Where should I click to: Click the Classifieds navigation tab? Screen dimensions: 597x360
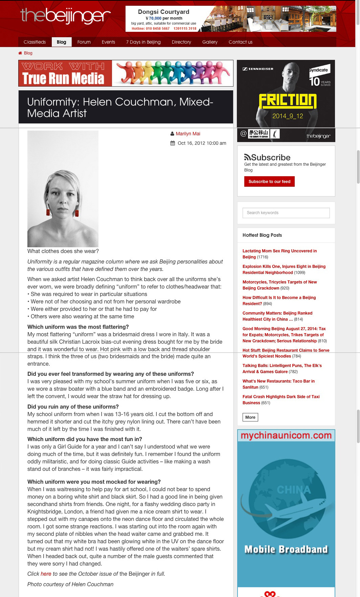point(35,42)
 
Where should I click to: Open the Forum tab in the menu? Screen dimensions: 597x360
point(84,42)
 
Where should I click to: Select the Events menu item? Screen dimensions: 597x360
point(108,42)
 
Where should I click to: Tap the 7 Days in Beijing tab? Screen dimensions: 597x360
point(143,42)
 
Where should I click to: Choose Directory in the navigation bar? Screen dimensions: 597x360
point(181,42)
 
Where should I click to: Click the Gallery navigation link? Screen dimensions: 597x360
point(210,42)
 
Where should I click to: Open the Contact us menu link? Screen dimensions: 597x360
point(240,42)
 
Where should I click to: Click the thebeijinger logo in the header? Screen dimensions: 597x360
point(65,16)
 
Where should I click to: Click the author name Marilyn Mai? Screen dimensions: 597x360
point(188,134)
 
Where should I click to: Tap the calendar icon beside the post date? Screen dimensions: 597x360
point(173,143)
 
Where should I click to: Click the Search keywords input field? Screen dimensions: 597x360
point(286,213)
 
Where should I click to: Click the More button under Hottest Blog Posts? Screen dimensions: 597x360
point(250,417)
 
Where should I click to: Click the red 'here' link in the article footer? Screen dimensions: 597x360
point(46,574)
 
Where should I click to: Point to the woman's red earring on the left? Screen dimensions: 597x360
point(48,212)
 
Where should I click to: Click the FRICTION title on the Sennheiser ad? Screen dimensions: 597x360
point(287,101)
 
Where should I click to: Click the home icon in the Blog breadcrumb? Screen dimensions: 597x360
point(20,53)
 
